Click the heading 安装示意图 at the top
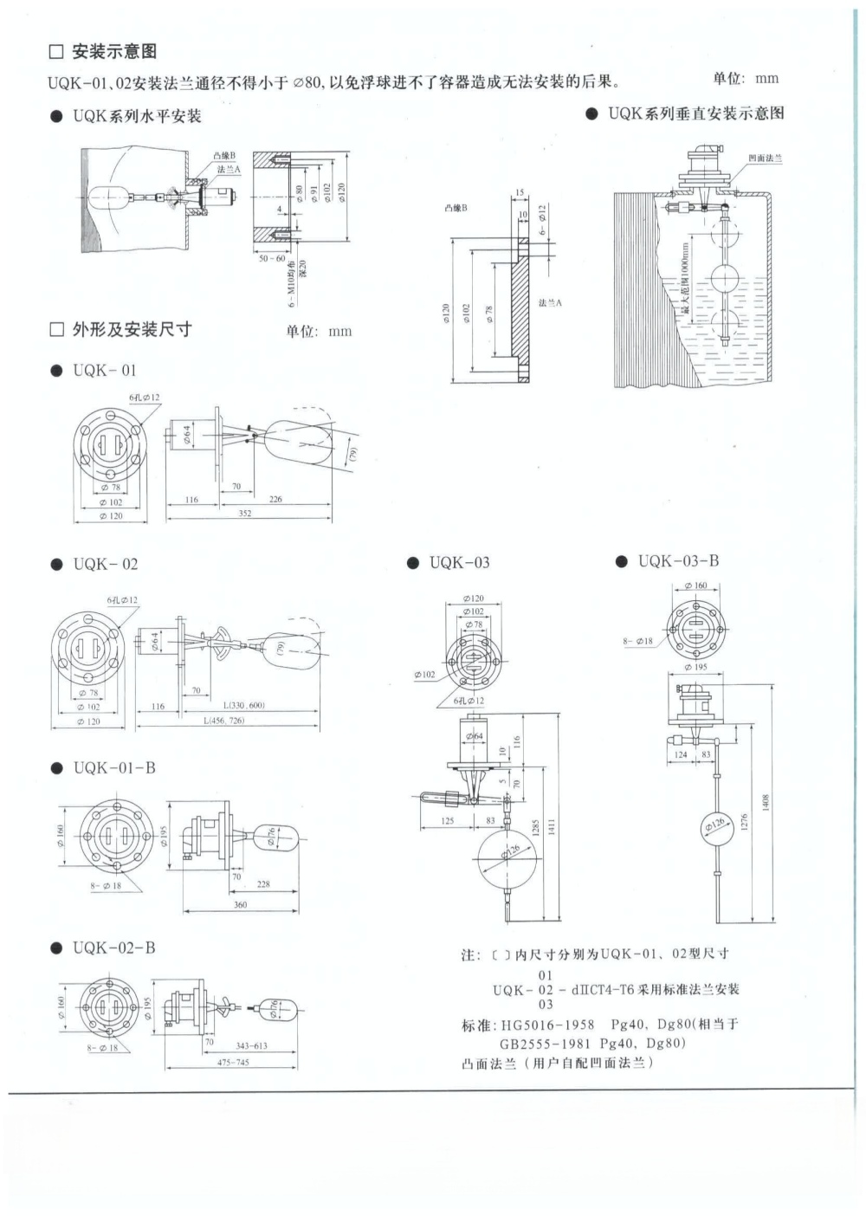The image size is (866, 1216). (113, 51)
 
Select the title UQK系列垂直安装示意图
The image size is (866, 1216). (695, 113)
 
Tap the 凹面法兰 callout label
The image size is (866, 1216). (765, 158)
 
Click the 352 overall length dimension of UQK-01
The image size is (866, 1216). (245, 514)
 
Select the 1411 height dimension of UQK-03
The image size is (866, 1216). (552, 827)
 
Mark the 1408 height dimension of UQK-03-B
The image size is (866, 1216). (765, 803)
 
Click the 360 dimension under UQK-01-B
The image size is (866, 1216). (240, 904)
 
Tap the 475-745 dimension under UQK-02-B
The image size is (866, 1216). (233, 1062)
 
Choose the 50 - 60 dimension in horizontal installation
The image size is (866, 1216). (272, 258)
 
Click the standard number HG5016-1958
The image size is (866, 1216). (548, 1025)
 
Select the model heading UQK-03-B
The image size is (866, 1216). (678, 561)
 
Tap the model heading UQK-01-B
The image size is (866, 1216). (113, 768)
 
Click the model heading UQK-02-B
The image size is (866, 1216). (113, 948)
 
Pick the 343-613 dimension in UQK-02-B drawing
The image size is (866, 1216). (251, 1045)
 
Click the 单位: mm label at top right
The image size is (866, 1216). (746, 79)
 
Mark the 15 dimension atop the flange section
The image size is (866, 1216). (520, 192)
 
